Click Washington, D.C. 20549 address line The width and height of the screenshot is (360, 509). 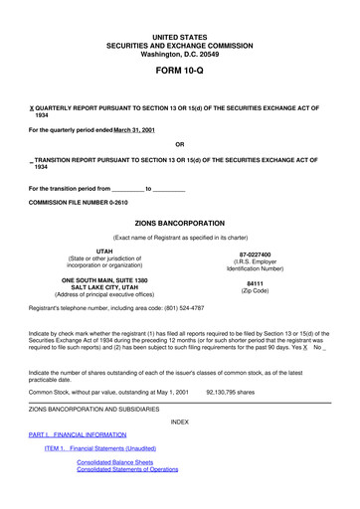[179, 53]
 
